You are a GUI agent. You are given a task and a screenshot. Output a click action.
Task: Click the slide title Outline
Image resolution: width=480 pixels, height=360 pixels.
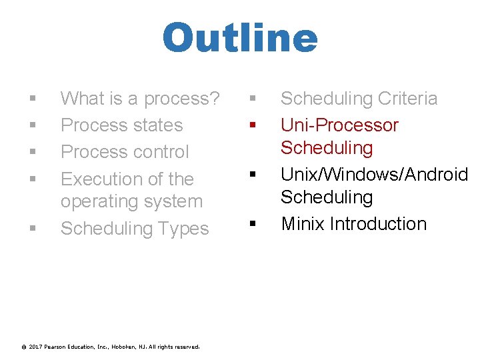240,39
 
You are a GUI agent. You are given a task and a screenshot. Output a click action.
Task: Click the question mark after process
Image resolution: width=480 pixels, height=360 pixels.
214,99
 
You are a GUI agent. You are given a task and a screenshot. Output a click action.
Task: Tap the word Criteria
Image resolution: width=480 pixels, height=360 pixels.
407,99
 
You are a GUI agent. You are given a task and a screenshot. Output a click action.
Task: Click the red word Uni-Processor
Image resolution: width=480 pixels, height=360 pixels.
339,125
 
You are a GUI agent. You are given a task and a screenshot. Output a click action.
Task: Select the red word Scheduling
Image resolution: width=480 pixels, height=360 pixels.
327,147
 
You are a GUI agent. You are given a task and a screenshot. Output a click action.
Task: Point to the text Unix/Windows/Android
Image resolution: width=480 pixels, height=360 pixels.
374,175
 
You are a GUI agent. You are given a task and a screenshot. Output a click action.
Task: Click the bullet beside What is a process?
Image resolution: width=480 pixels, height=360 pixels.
32,99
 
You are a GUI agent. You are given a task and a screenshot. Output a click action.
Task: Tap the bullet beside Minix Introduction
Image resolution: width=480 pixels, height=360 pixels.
253,225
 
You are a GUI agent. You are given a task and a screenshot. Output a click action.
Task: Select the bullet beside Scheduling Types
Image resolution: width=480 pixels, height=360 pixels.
32,229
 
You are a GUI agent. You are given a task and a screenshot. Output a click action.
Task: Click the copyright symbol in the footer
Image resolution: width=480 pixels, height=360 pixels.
24,347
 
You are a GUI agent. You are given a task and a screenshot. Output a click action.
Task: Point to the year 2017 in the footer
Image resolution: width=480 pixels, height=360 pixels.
36,347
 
